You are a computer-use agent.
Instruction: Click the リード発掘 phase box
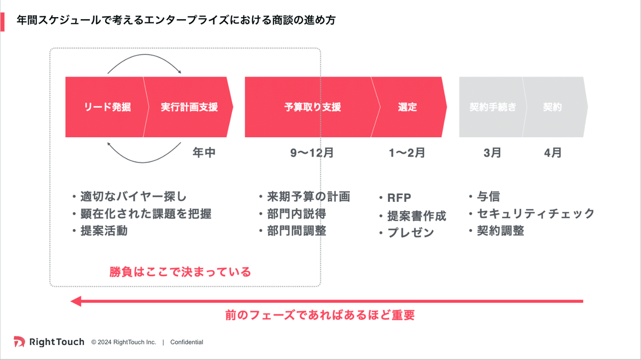(107, 107)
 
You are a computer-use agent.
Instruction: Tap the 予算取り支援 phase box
(312, 107)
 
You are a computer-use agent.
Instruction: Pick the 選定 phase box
(408, 107)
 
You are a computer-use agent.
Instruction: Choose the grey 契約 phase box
(552, 107)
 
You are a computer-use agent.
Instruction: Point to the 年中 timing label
(204, 153)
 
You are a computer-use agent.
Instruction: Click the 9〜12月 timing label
(312, 153)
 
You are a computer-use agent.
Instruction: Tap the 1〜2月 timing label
(407, 153)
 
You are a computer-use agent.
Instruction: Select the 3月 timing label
(493, 153)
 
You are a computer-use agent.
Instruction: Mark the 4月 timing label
(553, 153)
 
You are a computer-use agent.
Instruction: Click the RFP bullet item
(399, 198)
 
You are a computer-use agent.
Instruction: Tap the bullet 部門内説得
(296, 214)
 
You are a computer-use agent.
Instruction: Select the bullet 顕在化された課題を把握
(145, 214)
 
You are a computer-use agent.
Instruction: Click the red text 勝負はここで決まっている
(180, 272)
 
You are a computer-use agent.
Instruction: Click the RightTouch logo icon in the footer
(19, 342)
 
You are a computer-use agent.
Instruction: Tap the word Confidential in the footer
(186, 342)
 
